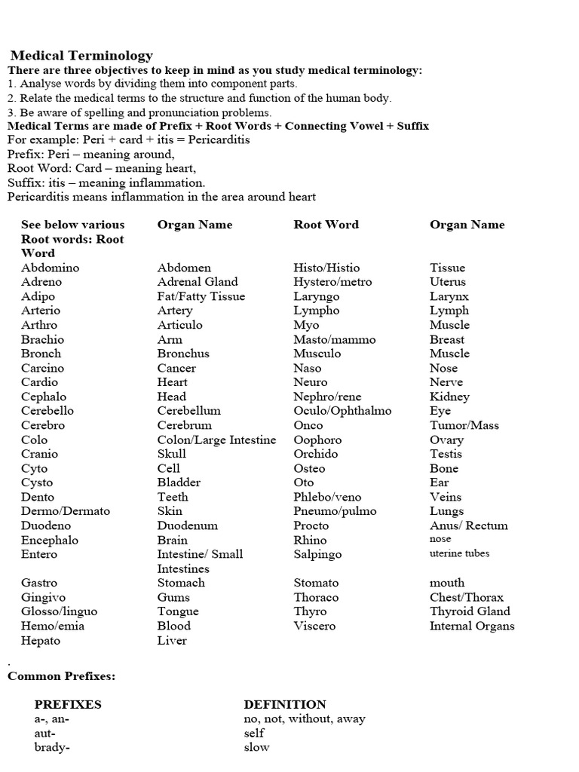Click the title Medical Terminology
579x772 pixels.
[x=81, y=55]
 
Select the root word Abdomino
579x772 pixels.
[x=50, y=268]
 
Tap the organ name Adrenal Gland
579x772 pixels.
[x=198, y=282]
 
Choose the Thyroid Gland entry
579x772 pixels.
[x=470, y=611]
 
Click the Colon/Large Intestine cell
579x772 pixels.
[x=216, y=440]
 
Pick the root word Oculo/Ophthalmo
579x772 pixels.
[x=342, y=411]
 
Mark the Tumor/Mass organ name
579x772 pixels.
[x=464, y=425]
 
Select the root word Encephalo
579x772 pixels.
[x=50, y=540]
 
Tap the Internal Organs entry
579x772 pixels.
[x=472, y=626]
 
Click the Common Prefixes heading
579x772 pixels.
[x=61, y=676]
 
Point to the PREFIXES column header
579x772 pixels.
[x=68, y=705]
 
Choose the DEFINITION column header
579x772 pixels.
[x=285, y=705]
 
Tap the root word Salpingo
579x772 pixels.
[x=317, y=554]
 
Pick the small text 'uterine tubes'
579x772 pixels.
[x=459, y=553]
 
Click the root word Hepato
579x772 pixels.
[x=41, y=641]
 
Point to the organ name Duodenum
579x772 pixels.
[x=187, y=525]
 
